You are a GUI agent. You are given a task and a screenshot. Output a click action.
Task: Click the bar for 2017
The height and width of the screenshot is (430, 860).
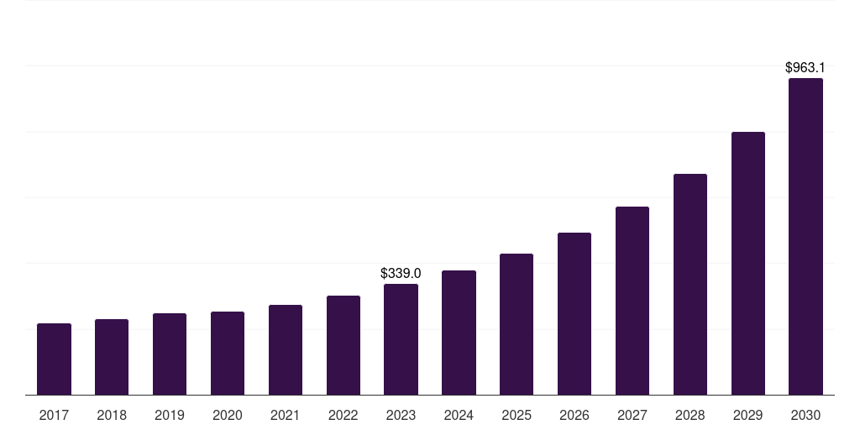point(54,359)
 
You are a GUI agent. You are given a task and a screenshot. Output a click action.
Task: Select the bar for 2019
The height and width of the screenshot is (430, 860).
point(170,354)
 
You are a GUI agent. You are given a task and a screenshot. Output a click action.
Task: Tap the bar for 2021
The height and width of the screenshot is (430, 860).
point(286,350)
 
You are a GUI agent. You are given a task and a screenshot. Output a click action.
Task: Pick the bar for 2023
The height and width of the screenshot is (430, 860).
point(401,339)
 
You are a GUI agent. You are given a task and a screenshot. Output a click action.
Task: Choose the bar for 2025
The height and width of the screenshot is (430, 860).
point(517,324)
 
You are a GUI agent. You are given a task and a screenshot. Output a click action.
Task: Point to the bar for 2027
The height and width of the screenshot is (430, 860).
point(632,301)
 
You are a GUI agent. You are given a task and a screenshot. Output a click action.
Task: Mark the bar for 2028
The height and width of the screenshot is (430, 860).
point(690,285)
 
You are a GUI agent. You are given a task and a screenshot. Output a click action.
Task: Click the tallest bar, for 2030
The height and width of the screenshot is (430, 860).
point(805,237)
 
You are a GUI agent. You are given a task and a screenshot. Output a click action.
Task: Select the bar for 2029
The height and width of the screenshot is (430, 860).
point(748,264)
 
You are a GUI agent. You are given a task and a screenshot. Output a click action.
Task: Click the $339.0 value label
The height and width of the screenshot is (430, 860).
point(401,274)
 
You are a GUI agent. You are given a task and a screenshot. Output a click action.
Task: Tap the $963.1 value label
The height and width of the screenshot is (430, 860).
point(805,67)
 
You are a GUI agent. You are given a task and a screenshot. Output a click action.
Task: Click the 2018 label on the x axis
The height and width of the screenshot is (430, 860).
point(112,415)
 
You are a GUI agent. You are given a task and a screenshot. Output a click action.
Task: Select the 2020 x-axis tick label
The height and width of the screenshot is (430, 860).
point(228,415)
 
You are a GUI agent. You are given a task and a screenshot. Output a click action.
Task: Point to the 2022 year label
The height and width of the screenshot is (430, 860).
point(343,415)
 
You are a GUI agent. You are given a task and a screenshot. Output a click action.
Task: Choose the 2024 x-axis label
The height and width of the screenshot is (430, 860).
point(459,415)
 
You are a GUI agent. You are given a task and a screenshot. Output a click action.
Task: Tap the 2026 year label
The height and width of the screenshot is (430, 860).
point(574,415)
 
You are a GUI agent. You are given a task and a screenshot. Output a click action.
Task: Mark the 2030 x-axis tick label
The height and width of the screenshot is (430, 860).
point(805,415)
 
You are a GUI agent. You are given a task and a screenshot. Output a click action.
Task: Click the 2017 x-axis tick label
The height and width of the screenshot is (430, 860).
point(54,415)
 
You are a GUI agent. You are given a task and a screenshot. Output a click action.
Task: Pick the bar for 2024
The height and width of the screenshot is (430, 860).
point(459,333)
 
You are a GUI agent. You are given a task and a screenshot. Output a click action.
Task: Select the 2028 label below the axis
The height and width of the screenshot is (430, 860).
point(690,415)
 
